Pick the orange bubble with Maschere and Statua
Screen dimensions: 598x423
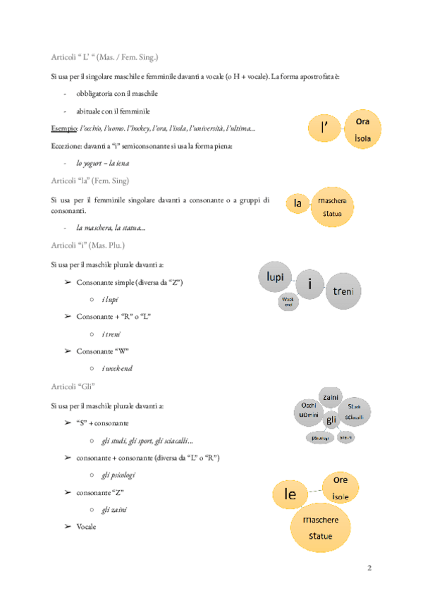tap(333, 207)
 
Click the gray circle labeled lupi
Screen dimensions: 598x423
tap(275, 278)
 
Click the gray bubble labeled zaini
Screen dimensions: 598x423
tap(331, 398)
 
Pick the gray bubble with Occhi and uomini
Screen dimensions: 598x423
tap(308, 410)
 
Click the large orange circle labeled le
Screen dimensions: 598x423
tap(290, 494)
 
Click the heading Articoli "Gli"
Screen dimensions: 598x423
tap(73, 387)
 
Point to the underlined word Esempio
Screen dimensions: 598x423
tap(65, 129)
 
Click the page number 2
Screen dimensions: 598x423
tap(371, 568)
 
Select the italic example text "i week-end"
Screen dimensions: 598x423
tap(117, 368)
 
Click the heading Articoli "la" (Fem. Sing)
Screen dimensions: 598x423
tap(90, 181)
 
